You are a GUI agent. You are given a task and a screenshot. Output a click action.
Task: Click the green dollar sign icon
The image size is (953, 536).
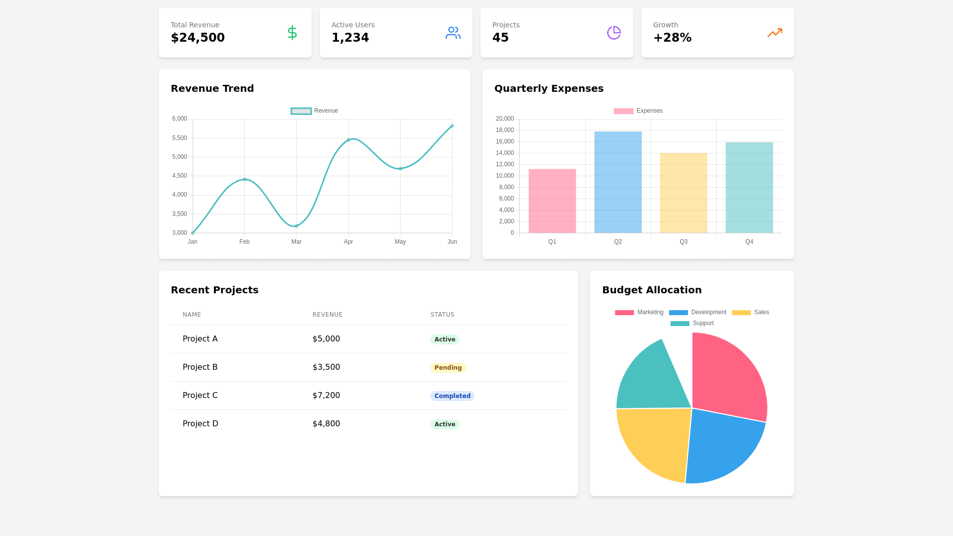point(292,33)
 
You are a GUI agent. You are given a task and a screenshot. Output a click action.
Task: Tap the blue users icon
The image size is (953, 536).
point(453,33)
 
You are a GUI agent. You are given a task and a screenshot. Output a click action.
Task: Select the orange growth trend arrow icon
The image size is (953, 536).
point(774,33)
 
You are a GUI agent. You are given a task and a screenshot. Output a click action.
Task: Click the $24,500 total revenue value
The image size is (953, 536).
point(198,38)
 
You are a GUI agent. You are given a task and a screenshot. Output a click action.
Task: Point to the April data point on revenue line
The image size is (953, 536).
point(348,140)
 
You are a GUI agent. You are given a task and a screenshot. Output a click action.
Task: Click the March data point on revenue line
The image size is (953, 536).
point(296,226)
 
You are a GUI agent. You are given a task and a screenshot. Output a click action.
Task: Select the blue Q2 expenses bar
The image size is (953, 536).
point(618,182)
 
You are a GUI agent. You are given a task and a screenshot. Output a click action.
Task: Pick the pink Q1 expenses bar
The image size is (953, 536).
point(552,201)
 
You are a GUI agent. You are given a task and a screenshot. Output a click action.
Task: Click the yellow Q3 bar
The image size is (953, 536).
point(683,193)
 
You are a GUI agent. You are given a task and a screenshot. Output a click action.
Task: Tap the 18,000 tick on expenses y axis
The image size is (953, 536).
point(505,130)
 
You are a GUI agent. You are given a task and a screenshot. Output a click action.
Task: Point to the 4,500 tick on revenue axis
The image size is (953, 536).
point(180,176)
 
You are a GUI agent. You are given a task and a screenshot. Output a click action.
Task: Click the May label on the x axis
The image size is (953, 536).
point(400,242)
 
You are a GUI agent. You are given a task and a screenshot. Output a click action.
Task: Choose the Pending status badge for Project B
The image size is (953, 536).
point(448,368)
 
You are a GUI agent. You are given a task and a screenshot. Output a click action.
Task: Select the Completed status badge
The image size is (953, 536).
point(452,396)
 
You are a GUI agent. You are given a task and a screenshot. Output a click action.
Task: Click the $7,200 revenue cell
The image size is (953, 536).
point(326,396)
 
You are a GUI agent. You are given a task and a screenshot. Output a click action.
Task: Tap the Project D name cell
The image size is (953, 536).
point(201,424)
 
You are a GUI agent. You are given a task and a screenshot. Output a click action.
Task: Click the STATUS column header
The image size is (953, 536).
point(442,315)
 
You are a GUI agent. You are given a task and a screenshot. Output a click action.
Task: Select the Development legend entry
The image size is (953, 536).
point(698,312)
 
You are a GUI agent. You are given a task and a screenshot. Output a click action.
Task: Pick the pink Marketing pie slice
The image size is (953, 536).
point(727,377)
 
